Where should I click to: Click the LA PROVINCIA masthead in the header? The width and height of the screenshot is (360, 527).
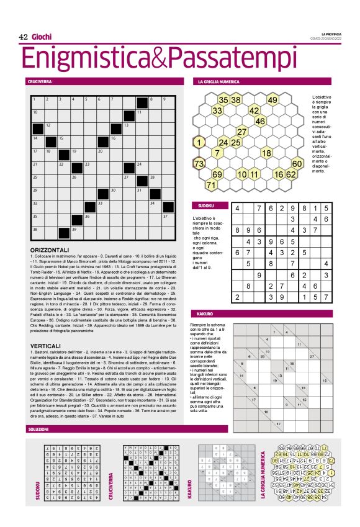333,34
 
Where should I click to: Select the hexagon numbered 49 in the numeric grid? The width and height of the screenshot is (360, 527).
272,99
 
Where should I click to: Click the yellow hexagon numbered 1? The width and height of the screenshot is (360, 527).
199,142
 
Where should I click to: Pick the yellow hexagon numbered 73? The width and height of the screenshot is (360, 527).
199,164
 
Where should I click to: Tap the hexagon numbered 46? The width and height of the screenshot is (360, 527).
261,121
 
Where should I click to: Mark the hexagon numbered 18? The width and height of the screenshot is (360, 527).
266,153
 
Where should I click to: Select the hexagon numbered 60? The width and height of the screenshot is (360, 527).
297,164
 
